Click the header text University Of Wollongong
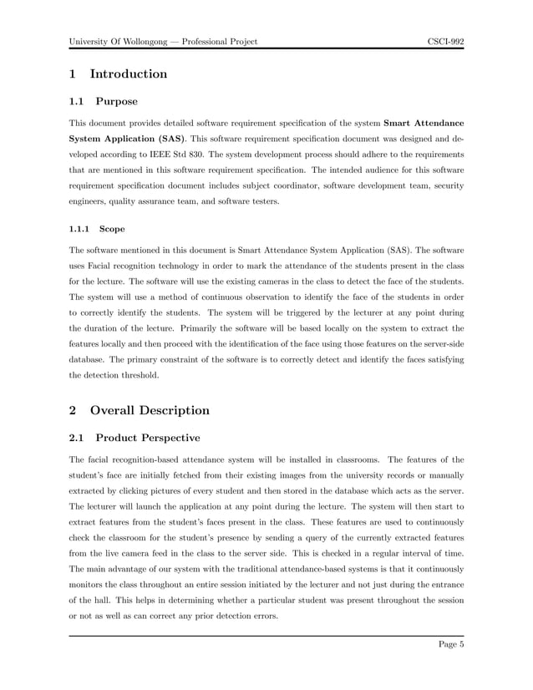[x=119, y=41]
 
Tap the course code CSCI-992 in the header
[x=445, y=41]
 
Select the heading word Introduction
[x=129, y=74]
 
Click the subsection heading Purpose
[x=117, y=103]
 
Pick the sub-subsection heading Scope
[x=113, y=227]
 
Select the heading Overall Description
[x=150, y=410]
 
